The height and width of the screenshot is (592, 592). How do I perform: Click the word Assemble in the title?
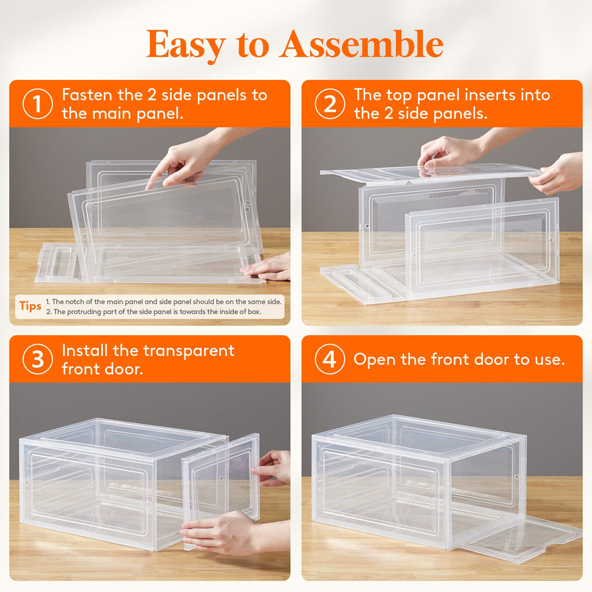[x=361, y=45]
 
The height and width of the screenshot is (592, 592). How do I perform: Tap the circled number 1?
[x=38, y=104]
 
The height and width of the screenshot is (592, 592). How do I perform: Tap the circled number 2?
[x=330, y=104]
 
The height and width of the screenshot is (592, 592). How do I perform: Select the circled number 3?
[x=38, y=360]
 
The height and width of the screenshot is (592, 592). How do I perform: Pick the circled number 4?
[x=330, y=360]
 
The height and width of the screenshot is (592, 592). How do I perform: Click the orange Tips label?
[x=30, y=306]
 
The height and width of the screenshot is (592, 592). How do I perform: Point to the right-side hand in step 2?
[x=558, y=173]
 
